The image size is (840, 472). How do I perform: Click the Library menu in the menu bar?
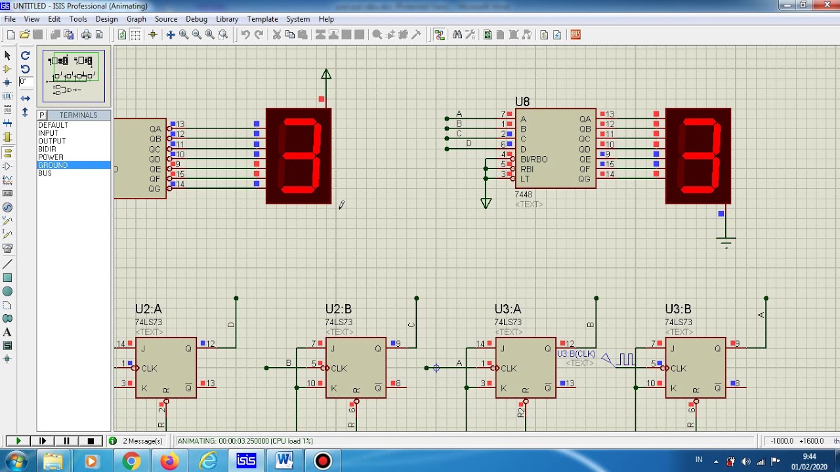point(227,19)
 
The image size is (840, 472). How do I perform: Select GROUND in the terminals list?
point(52,165)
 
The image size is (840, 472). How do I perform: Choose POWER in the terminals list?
point(51,157)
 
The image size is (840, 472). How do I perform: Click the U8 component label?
point(522,102)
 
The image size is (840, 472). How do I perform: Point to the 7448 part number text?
point(523,195)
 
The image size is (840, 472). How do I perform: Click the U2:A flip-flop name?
point(148,309)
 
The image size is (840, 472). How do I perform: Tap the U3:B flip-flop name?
point(678,309)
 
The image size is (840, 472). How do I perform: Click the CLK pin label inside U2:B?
point(339,368)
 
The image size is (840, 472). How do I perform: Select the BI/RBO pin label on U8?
point(534,159)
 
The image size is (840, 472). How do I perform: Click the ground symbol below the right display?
point(726,241)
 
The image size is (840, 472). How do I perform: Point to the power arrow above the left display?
point(326,75)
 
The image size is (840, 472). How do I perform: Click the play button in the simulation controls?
point(18,441)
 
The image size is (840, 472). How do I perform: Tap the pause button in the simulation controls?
point(66,441)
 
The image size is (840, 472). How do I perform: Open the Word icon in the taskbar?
point(284,462)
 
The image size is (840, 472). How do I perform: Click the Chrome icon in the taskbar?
point(131,462)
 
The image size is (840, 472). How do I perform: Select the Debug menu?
point(196,19)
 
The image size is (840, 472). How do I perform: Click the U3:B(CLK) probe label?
point(576,354)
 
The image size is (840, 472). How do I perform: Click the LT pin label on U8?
point(525,179)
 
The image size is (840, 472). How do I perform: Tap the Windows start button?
point(15,462)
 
